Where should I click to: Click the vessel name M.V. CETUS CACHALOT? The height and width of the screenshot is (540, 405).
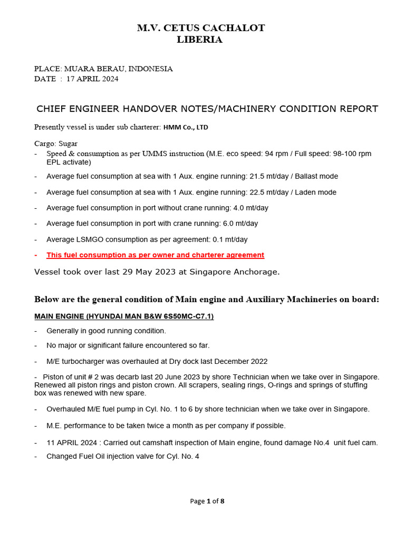pos(201,28)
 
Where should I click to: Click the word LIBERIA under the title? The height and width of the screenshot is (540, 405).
pos(199,40)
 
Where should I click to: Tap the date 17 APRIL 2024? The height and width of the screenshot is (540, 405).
pos(92,79)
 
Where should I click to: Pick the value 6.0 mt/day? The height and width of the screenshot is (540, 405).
pos(240,224)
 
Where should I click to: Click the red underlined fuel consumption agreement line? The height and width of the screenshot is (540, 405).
pos(155,255)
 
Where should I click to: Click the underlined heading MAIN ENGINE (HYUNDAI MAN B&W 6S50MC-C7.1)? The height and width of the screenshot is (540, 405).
pos(124,316)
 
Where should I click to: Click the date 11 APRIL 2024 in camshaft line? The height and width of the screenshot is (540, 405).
pos(70,443)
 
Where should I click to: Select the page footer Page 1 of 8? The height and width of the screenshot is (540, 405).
pos(207,501)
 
